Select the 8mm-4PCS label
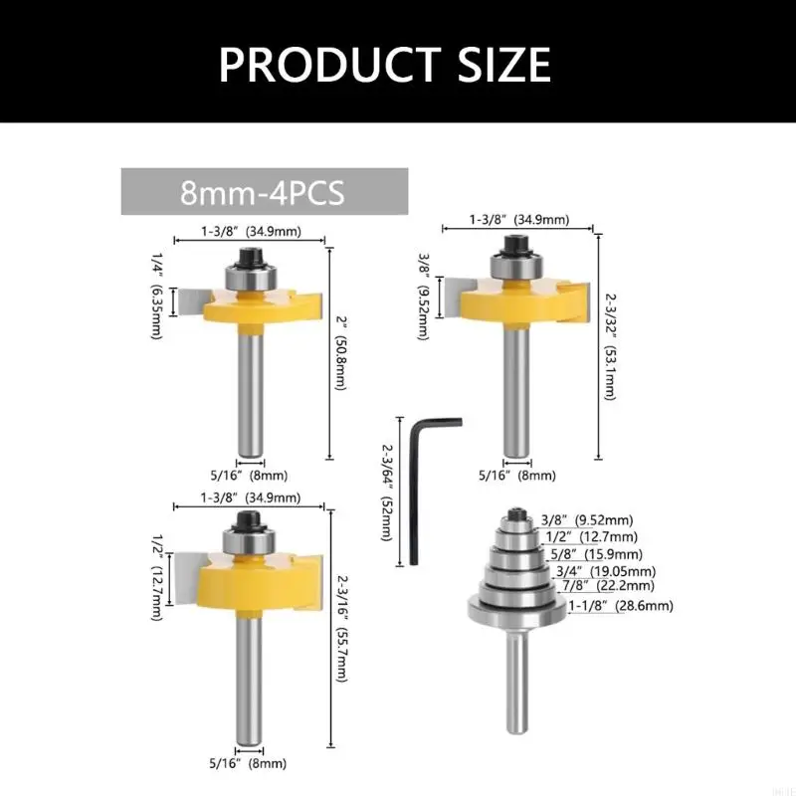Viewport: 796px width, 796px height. (x=263, y=192)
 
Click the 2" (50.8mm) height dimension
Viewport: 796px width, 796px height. (x=340, y=353)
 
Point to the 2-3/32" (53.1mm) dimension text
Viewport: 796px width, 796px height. (x=610, y=346)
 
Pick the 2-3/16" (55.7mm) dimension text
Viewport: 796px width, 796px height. (x=341, y=629)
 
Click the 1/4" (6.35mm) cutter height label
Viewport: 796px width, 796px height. (x=156, y=296)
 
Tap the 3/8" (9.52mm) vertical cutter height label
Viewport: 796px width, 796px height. (x=423, y=298)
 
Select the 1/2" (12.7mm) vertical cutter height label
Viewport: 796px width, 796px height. (x=156, y=577)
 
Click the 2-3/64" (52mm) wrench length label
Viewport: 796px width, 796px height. (x=387, y=493)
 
